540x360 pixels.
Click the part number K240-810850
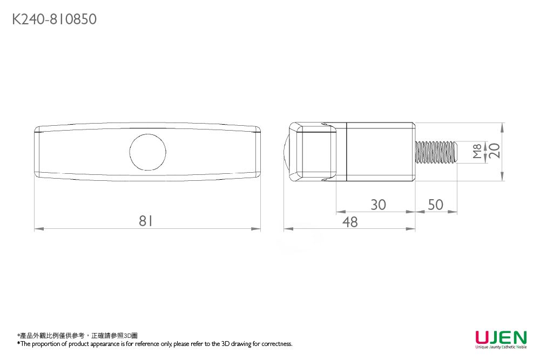55,19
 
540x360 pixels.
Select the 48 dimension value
350,221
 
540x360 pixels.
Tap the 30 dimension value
378,205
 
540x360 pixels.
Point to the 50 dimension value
435,205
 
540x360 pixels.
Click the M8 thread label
477,151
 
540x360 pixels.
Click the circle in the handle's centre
147,151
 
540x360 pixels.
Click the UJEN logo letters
501,338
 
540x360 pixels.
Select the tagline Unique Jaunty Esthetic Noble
501,348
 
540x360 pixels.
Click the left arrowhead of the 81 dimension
37,229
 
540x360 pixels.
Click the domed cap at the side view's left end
287,152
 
